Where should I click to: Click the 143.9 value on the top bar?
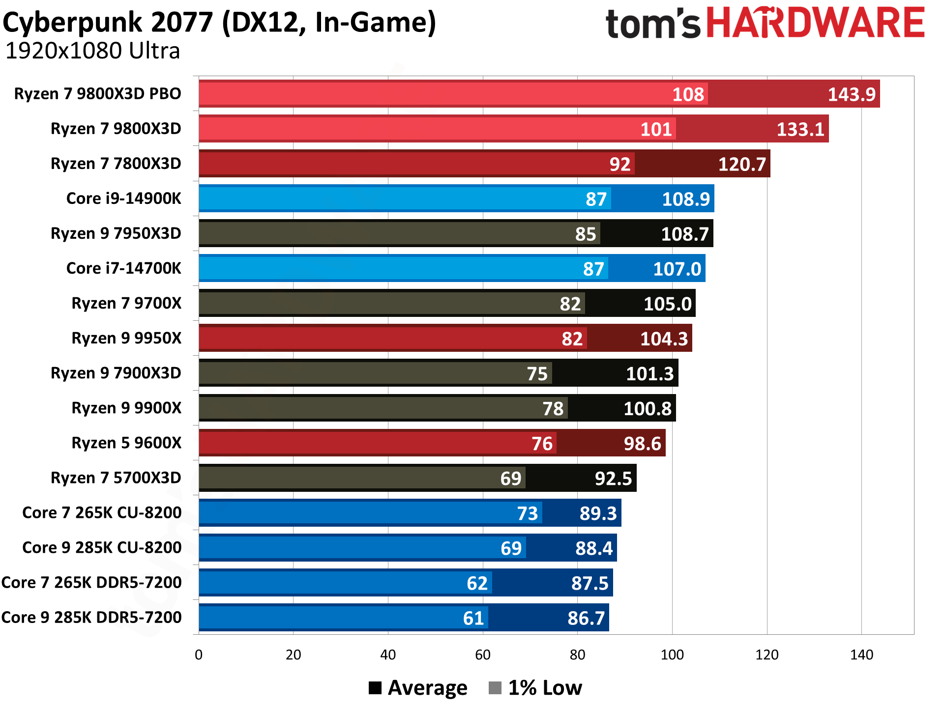pos(851,94)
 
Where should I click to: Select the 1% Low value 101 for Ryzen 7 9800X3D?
pos(656,129)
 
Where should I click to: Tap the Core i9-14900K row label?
pos(123,198)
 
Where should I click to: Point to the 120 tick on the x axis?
pos(767,655)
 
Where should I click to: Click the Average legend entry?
pos(418,688)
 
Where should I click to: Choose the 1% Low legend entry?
pos(536,688)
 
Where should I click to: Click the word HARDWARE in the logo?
pos(816,23)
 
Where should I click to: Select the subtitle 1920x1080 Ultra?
pos(92,51)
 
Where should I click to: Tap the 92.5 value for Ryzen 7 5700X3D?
pos(613,479)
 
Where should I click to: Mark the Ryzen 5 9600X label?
pos(126,443)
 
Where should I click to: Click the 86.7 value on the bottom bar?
pos(586,618)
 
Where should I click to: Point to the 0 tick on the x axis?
pos(199,655)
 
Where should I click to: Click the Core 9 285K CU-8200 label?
pos(102,548)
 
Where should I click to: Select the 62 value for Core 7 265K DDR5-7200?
pos(477,583)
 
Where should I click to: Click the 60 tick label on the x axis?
pos(482,655)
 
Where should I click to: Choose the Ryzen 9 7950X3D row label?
pos(116,233)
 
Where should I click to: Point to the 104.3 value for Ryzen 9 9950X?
pos(664,339)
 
